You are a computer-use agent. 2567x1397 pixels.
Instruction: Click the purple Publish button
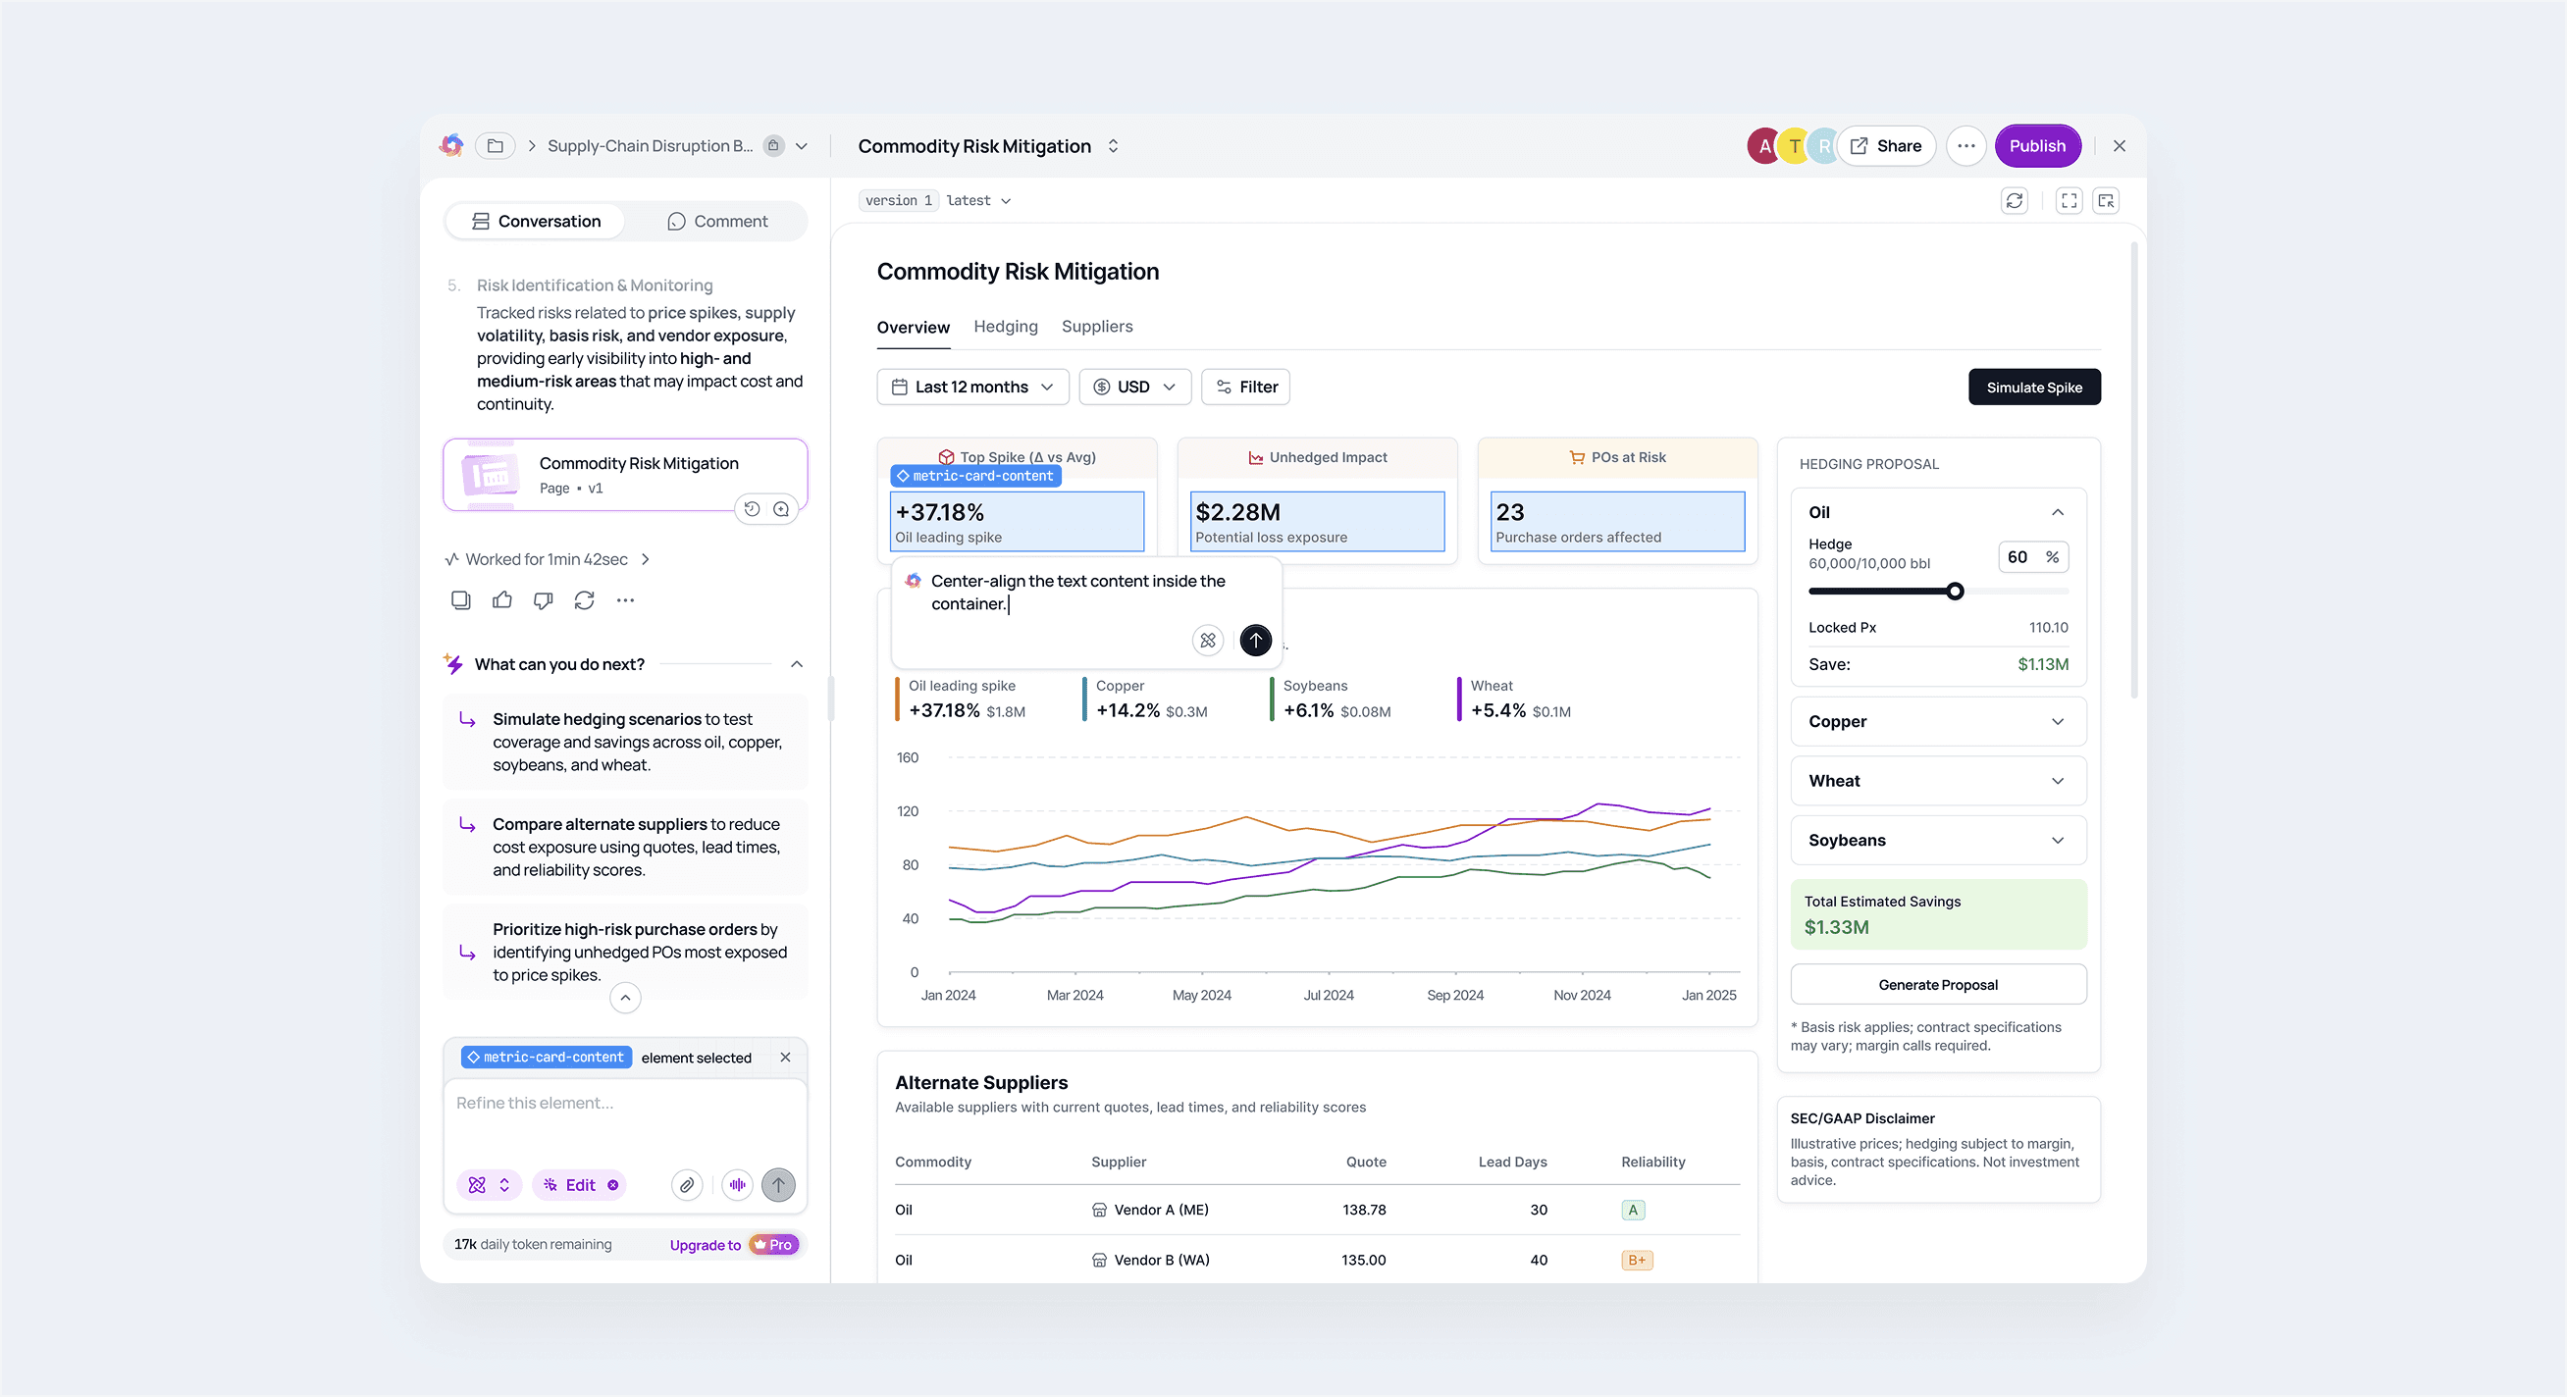(2037, 145)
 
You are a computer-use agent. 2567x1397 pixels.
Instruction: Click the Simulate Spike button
(2034, 387)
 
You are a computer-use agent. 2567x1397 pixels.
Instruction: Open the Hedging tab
(1006, 326)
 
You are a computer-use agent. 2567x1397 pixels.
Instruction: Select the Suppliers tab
(1096, 326)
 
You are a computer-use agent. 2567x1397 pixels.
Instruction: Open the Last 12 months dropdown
(972, 387)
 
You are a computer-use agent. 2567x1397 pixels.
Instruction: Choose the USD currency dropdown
(1135, 387)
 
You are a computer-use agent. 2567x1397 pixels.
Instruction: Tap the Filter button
(1245, 387)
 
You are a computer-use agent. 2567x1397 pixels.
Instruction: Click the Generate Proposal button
(1938, 985)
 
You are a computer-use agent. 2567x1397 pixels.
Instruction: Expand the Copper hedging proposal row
(1938, 721)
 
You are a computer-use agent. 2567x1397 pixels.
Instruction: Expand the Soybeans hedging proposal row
(1938, 840)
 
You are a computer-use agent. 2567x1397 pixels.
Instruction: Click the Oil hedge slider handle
(1955, 591)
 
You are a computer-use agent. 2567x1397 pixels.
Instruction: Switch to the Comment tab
(717, 221)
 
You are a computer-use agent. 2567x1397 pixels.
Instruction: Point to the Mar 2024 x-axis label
(1074, 995)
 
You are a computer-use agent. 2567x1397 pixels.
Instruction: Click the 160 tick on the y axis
(908, 757)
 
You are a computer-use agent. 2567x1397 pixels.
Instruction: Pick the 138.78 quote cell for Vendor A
(1363, 1210)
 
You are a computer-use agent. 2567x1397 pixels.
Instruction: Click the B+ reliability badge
(1636, 1260)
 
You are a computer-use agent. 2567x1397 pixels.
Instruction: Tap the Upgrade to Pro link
(733, 1245)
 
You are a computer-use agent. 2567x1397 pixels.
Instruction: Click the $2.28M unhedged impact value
(1237, 512)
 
